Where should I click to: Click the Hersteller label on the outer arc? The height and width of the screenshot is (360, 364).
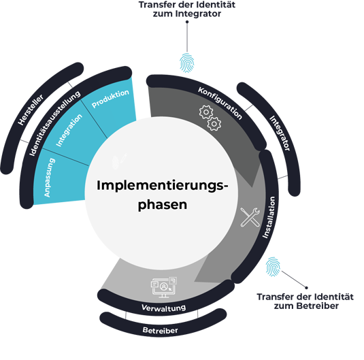[x=31, y=110]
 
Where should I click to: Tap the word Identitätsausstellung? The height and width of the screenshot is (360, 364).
[x=55, y=123]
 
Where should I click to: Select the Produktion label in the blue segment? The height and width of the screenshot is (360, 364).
[x=110, y=99]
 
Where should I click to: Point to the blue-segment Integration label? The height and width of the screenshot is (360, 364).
[x=69, y=130]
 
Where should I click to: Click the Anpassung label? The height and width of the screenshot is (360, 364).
[x=50, y=178]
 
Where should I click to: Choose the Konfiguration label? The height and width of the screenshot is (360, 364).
[x=220, y=103]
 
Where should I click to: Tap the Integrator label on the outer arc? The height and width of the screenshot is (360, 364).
[x=280, y=133]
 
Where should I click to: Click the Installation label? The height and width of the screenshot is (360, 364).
[x=269, y=217]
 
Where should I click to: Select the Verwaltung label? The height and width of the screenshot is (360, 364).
[x=164, y=308]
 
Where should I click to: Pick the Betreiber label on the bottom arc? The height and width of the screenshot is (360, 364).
[x=161, y=330]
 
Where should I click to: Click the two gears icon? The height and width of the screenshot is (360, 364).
[x=210, y=118]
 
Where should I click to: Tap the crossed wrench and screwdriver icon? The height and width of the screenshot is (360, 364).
[x=250, y=217]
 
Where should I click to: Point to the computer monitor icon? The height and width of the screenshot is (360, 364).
[x=164, y=287]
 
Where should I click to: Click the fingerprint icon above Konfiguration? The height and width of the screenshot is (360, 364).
[x=187, y=63]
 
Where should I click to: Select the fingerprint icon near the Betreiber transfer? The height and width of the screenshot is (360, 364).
[x=274, y=267]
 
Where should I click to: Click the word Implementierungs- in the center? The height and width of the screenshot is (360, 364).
[x=162, y=186]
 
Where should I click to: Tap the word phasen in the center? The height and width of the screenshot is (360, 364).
[x=163, y=205]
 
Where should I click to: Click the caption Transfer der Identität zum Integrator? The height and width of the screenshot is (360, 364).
[x=187, y=9]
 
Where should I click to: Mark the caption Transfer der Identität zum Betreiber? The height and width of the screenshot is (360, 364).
[x=305, y=301]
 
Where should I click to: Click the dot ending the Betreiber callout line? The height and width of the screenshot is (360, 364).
[x=306, y=288]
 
